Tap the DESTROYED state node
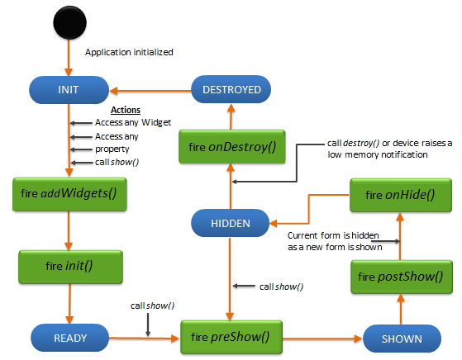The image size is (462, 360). coord(231,89)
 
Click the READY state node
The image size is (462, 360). coord(69,338)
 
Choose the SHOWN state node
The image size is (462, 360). coord(402,338)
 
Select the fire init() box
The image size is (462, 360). coord(71,268)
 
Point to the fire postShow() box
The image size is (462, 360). coord(402,276)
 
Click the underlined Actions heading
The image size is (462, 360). coord(126,111)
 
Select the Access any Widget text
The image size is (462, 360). coord(132,122)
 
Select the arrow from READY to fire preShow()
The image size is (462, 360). coord(145,338)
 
